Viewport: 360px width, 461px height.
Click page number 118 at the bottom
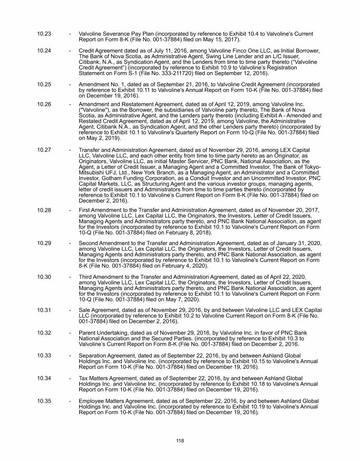[180, 440]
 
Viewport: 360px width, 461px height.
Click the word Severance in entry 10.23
[118, 34]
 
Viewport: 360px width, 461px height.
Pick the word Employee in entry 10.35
[93, 401]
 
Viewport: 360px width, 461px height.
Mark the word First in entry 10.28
[85, 210]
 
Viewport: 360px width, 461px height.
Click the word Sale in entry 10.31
[85, 311]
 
